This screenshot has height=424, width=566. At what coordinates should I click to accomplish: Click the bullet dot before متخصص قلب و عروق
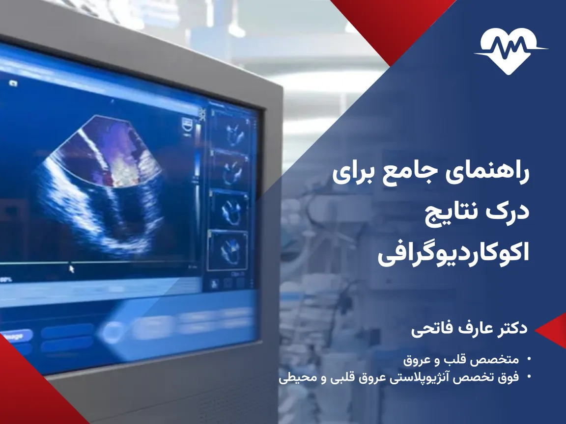(529, 359)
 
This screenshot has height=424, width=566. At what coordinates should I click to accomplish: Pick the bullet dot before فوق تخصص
(529, 377)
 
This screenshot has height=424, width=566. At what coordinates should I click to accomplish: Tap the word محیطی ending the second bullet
(293, 378)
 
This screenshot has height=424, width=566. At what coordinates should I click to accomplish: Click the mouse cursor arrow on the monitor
(71, 268)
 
